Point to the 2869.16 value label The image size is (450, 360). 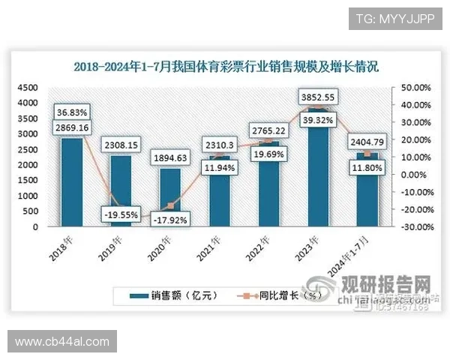click(72, 127)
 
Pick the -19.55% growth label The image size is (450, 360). click(119, 214)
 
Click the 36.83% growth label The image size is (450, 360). click(72, 112)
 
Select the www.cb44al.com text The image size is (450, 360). click(63, 342)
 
